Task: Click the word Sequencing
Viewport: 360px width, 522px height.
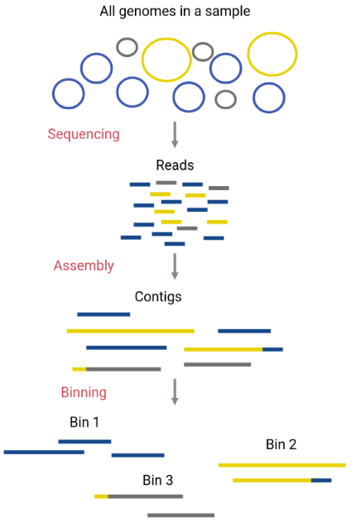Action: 84,135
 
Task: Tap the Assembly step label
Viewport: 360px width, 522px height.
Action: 84,266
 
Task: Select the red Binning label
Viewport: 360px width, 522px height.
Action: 84,392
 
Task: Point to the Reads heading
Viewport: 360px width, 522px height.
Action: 175,165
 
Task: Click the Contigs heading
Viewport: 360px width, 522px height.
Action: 158,297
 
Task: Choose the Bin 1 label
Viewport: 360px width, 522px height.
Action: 84,422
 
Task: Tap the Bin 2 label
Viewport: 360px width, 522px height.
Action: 281,444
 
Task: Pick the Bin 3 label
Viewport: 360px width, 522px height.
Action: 158,480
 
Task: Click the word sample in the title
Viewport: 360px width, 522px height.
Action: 228,12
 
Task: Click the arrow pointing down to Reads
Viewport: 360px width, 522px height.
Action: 175,135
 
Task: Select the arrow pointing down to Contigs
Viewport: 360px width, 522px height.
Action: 175,266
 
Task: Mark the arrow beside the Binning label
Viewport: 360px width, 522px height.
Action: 175,392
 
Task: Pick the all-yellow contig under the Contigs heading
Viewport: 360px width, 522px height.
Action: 131,331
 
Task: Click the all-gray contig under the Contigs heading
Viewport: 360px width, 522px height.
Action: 218,365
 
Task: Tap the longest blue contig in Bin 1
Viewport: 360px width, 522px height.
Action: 44,452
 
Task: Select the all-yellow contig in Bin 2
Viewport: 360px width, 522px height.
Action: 282,465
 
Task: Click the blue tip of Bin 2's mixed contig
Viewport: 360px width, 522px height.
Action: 321,480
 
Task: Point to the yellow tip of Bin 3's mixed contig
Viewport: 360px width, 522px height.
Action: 101,496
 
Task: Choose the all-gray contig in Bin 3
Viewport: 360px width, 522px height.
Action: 181,515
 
